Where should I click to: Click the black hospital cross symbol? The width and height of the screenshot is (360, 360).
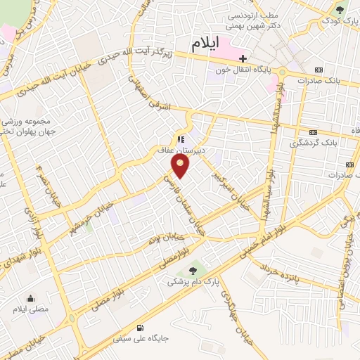coord(243,58)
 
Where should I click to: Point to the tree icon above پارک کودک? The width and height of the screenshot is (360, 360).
coord(340,11)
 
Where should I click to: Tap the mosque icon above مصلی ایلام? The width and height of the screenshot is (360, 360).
coord(30,298)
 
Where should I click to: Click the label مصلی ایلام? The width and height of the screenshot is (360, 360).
coord(30,309)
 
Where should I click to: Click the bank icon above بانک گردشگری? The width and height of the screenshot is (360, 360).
coord(312,132)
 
